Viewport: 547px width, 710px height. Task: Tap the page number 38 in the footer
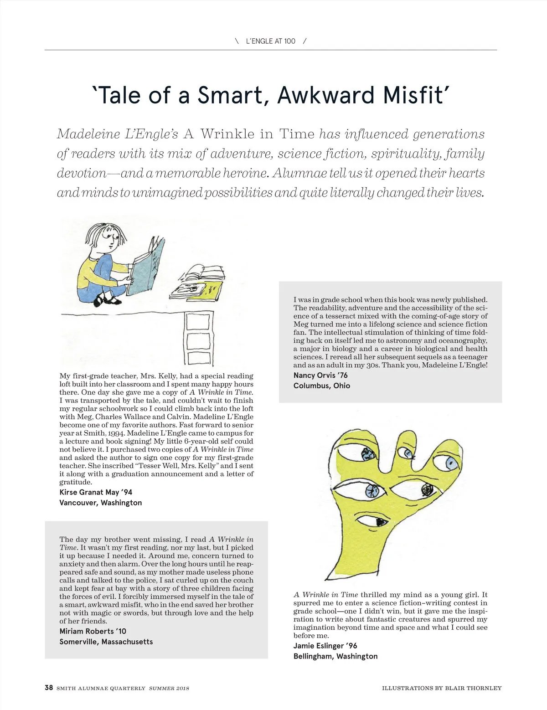point(49,688)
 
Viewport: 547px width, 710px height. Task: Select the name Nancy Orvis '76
point(320,376)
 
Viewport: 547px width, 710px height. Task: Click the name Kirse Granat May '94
point(96,492)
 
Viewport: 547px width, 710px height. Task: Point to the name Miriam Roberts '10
point(93,631)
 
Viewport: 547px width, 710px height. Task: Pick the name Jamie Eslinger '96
point(325,646)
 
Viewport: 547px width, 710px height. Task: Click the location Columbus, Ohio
point(322,386)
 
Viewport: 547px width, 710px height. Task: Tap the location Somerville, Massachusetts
point(106,642)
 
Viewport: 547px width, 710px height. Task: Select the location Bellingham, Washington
point(335,656)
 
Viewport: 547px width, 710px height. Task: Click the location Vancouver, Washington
point(100,503)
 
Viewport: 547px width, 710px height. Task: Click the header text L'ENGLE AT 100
point(270,41)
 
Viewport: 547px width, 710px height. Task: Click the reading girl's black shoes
point(108,299)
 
